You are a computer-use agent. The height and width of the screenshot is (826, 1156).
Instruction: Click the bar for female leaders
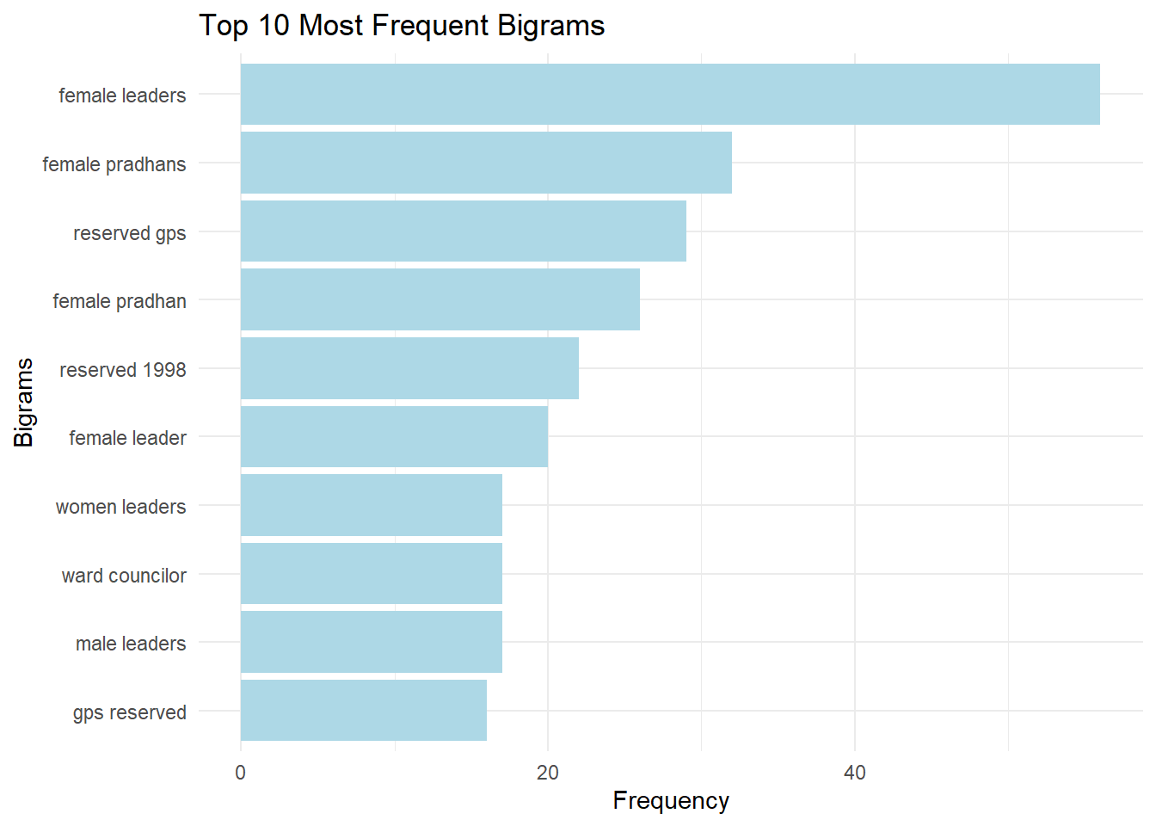pyautogui.click(x=669, y=94)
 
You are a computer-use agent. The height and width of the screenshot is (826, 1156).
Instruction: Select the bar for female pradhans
pyautogui.click(x=486, y=163)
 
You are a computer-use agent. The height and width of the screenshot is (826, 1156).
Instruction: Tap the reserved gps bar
pyautogui.click(x=463, y=231)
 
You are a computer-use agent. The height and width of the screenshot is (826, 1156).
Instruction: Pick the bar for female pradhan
pyautogui.click(x=440, y=299)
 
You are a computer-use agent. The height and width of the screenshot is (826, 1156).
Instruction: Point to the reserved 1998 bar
pyautogui.click(x=409, y=368)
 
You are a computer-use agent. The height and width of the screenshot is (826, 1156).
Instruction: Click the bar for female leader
pyautogui.click(x=394, y=436)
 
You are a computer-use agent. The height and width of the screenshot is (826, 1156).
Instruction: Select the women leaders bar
pyautogui.click(x=371, y=505)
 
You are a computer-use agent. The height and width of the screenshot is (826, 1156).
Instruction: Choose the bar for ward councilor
pyautogui.click(x=371, y=573)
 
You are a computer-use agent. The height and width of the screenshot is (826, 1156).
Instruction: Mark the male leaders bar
pyautogui.click(x=371, y=642)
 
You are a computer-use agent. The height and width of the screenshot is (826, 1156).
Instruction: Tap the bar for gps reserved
pyautogui.click(x=363, y=710)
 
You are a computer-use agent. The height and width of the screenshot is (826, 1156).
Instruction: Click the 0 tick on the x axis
pyautogui.click(x=240, y=773)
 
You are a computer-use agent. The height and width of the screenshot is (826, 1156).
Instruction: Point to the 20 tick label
pyautogui.click(x=548, y=773)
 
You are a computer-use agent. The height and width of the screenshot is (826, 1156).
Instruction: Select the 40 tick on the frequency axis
pyautogui.click(x=855, y=773)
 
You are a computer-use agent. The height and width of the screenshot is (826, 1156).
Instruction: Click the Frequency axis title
pyautogui.click(x=671, y=801)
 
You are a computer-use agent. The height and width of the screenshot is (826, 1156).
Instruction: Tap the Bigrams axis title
pyautogui.click(x=24, y=402)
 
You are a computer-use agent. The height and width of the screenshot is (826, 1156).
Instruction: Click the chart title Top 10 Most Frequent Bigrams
pyautogui.click(x=402, y=26)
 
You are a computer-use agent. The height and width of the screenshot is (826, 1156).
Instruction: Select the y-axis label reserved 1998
pyautogui.click(x=122, y=370)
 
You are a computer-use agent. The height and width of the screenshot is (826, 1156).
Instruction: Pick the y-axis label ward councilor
pyautogui.click(x=124, y=576)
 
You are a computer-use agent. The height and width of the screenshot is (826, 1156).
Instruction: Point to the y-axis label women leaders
pyautogui.click(x=120, y=507)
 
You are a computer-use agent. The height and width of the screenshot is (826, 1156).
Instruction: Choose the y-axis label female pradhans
pyautogui.click(x=114, y=164)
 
